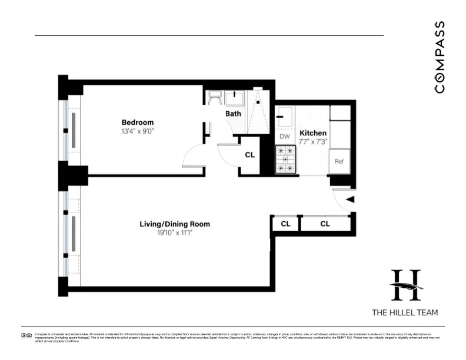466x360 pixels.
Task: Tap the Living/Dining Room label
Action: pyautogui.click(x=174, y=224)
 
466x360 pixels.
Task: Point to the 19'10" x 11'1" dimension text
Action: pyautogui.click(x=174, y=234)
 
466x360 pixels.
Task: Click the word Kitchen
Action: pyautogui.click(x=312, y=133)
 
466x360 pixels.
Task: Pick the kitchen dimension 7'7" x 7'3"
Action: pyautogui.click(x=312, y=142)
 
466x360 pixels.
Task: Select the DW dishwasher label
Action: pyautogui.click(x=285, y=136)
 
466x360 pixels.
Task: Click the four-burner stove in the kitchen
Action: pyautogui.click(x=285, y=160)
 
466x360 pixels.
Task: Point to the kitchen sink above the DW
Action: pyautogui.click(x=285, y=116)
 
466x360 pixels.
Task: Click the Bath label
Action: pyautogui.click(x=233, y=113)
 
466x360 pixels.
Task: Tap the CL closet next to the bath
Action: pyautogui.click(x=249, y=155)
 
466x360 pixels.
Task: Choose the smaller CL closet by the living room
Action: pyautogui.click(x=285, y=224)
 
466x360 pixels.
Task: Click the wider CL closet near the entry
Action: pyautogui.click(x=325, y=224)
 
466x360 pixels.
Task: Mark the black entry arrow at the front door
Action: pyautogui.click(x=349, y=200)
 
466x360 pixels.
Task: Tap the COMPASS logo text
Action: pyautogui.click(x=440, y=57)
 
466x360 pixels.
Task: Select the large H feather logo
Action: pyautogui.click(x=405, y=285)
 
